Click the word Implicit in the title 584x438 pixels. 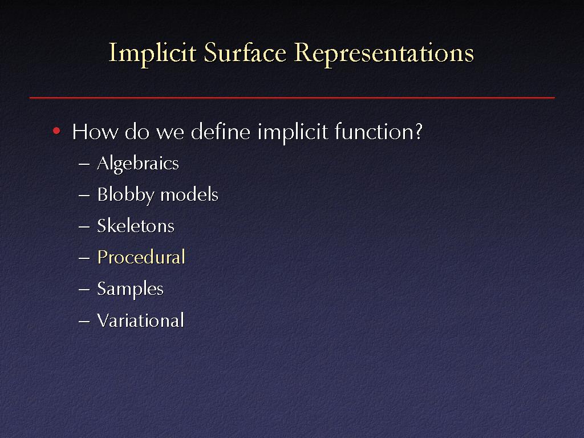[x=152, y=54]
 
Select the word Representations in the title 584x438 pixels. [x=384, y=54]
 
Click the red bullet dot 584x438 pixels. [x=56, y=131]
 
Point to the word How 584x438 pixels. [x=95, y=132]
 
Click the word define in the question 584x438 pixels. [x=221, y=132]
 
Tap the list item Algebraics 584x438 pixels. [x=138, y=164]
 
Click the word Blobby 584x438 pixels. [x=125, y=195]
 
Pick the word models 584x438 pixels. [x=189, y=195]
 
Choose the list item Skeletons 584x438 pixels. [x=136, y=226]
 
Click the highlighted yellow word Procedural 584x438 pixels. [x=141, y=257]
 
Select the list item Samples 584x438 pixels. [x=131, y=289]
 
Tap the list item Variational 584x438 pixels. [x=140, y=321]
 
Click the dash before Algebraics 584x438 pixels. [x=84, y=164]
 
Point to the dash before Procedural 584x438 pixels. [x=84, y=258]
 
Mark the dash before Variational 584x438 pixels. [x=84, y=321]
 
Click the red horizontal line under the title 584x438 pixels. [x=292, y=98]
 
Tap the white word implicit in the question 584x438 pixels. [x=293, y=132]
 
